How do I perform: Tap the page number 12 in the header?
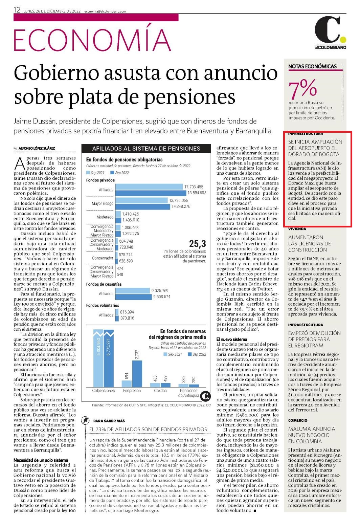pos(17,10)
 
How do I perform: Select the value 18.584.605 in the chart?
pos(197,193)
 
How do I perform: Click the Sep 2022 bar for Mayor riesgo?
pos(143,206)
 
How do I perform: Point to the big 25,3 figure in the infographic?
pos(197,244)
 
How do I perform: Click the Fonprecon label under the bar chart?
pos(132,391)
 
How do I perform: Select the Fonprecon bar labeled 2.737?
pos(137,374)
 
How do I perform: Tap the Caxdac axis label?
pos(160,391)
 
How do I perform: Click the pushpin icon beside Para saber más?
pos(85,420)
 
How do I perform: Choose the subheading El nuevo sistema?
pos(232,339)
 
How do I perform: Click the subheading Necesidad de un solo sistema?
pos(41,460)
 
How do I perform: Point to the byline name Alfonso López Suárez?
pos(37,148)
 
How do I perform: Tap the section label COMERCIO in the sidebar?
pos(297,420)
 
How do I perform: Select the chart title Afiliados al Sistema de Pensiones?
pos(146,148)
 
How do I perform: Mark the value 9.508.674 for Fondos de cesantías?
pos(162,297)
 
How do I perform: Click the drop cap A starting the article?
pos(20,164)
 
